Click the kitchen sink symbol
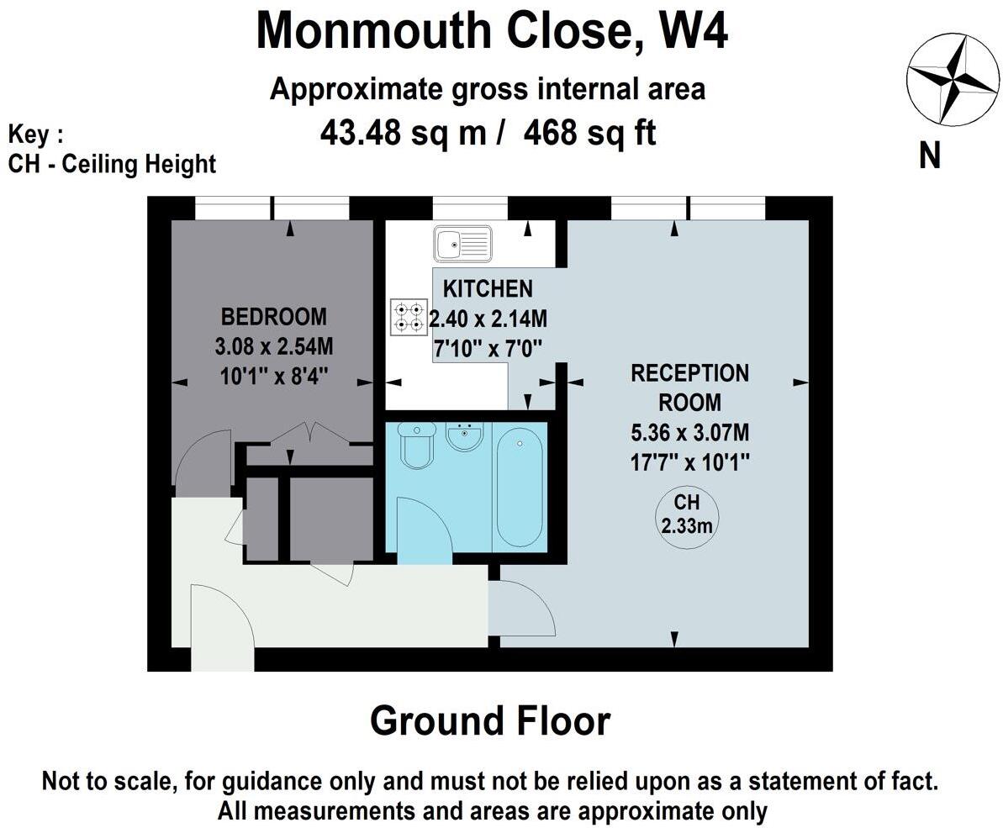(x=462, y=245)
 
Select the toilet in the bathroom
(x=415, y=445)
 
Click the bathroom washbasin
(x=465, y=437)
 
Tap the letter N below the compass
(x=929, y=156)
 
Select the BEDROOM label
(x=273, y=317)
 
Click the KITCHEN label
(x=488, y=289)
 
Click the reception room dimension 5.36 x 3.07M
(x=689, y=434)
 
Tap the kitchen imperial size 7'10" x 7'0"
(x=486, y=346)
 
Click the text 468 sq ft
(x=589, y=133)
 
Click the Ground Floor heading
(x=490, y=721)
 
